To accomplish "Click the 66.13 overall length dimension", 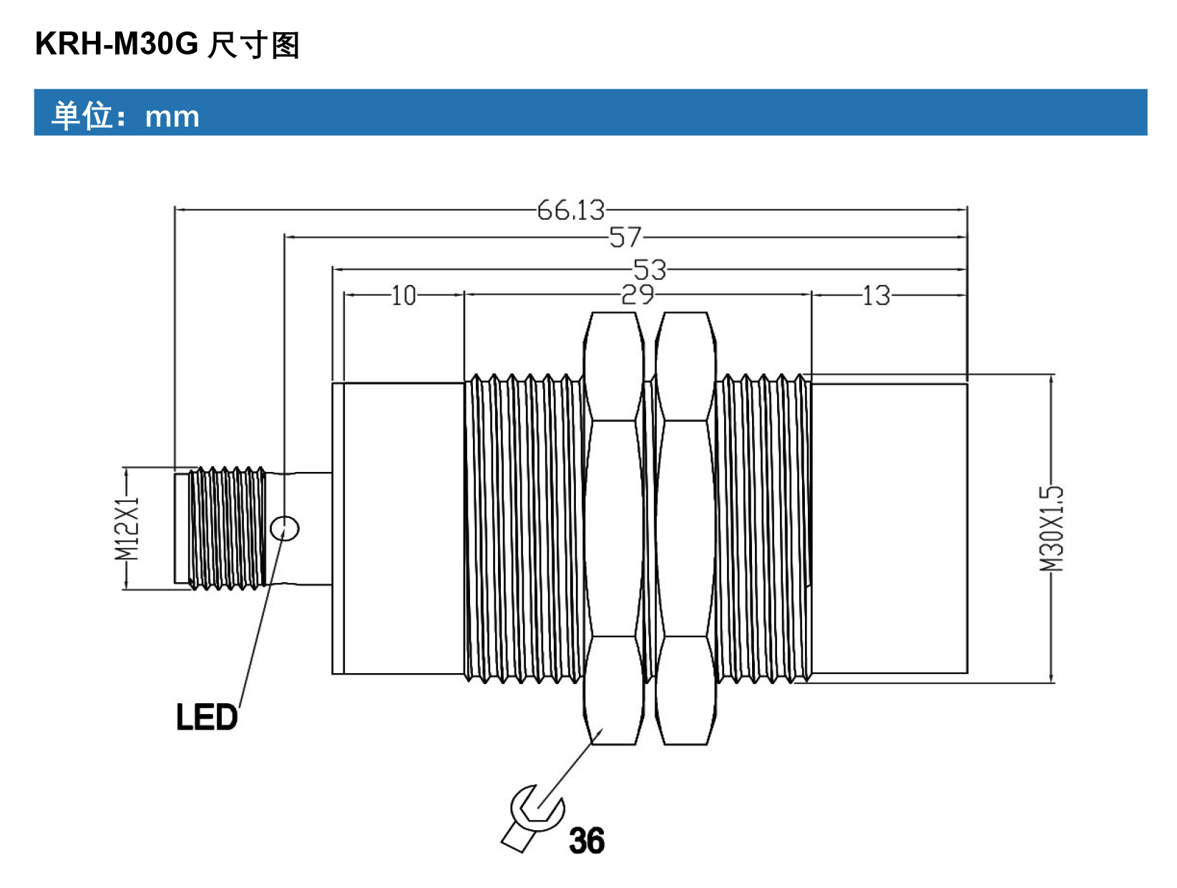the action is pyautogui.click(x=570, y=210).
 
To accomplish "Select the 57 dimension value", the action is pyautogui.click(x=625, y=237).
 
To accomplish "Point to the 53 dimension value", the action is pyautogui.click(x=650, y=269).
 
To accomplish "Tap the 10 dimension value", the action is pyautogui.click(x=404, y=295).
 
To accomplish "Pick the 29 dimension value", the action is pyautogui.click(x=637, y=294).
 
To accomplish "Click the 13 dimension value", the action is pyautogui.click(x=876, y=295).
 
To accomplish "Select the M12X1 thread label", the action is pyautogui.click(x=127, y=529).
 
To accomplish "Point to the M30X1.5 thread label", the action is pyautogui.click(x=1051, y=529).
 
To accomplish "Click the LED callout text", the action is pyautogui.click(x=207, y=717).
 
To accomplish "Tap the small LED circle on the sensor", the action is pyautogui.click(x=284, y=529).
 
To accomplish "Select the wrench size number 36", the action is pyautogui.click(x=587, y=840).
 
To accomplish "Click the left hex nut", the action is pyautogui.click(x=613, y=528).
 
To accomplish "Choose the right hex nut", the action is pyautogui.click(x=685, y=528).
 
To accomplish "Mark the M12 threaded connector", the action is pyautogui.click(x=220, y=528).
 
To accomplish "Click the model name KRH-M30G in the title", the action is pyautogui.click(x=117, y=44).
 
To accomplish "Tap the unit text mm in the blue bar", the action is pyautogui.click(x=172, y=117).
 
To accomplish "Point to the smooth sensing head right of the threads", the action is pyautogui.click(x=889, y=528).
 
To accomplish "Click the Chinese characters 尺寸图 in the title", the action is pyautogui.click(x=253, y=44).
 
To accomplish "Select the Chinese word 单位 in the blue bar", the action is pyautogui.click(x=82, y=115).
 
